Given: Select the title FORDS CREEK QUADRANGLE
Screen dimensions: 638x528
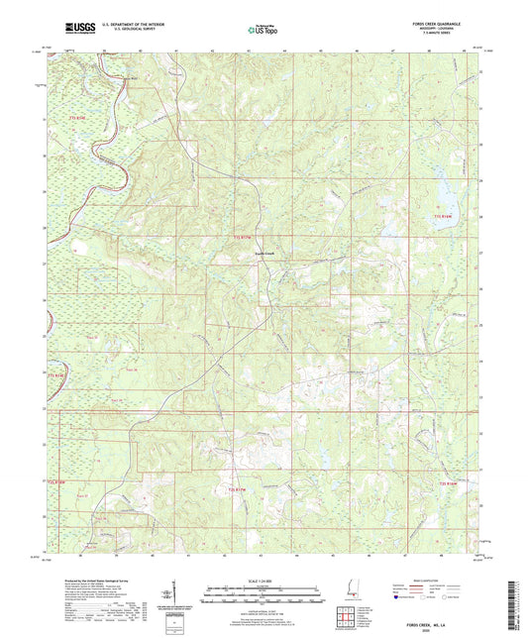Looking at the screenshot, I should tap(451, 27).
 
